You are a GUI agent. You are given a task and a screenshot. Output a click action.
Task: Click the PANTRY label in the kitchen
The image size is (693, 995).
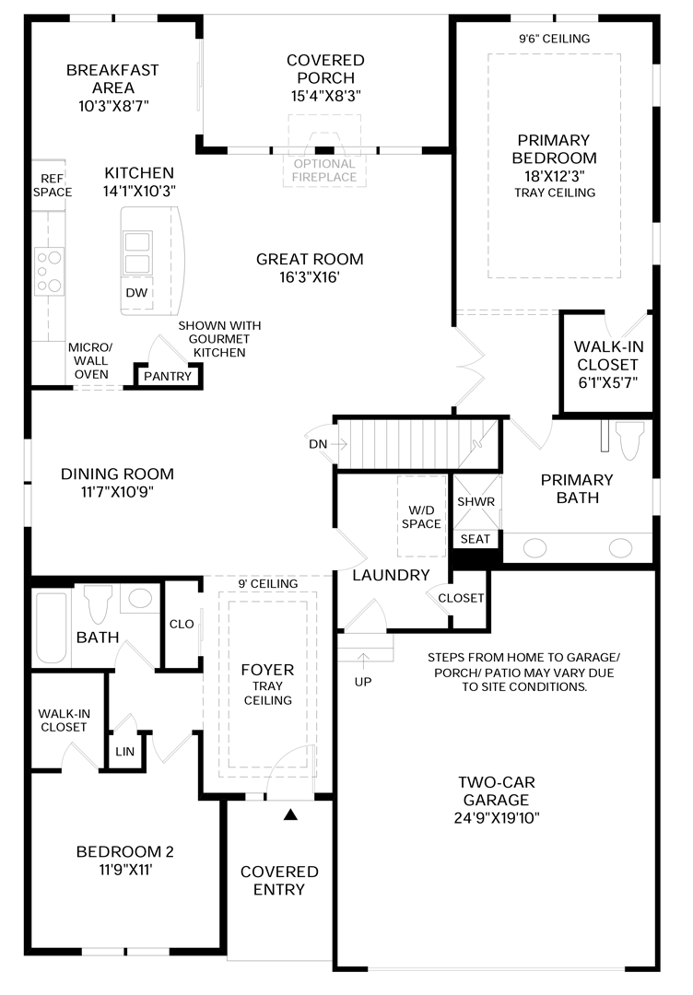[168, 376]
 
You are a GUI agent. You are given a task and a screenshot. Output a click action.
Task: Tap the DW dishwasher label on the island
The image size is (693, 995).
[135, 292]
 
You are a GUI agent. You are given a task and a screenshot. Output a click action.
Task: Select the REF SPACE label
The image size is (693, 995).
[53, 185]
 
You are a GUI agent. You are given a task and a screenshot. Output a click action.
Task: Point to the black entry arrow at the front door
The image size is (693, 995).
[291, 814]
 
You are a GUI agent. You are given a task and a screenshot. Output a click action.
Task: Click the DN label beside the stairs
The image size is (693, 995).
[317, 444]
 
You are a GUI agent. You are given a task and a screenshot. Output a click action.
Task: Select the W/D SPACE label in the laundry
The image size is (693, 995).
[421, 516]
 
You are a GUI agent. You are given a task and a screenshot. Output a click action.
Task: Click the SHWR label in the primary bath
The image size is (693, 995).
[476, 501]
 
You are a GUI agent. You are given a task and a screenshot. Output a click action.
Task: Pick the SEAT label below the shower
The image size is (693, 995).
[476, 539]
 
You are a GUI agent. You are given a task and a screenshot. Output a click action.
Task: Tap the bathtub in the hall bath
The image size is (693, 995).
[52, 627]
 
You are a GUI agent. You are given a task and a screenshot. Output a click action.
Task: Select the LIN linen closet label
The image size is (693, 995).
[124, 751]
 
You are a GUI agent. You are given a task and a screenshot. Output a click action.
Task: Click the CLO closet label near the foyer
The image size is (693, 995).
[182, 624]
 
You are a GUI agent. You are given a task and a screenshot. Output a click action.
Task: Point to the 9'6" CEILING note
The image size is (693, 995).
[553, 39]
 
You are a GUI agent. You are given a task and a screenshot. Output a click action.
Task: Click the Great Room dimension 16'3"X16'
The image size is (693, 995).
[310, 277]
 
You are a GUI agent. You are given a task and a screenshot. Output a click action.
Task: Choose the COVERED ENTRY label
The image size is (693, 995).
[279, 880]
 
